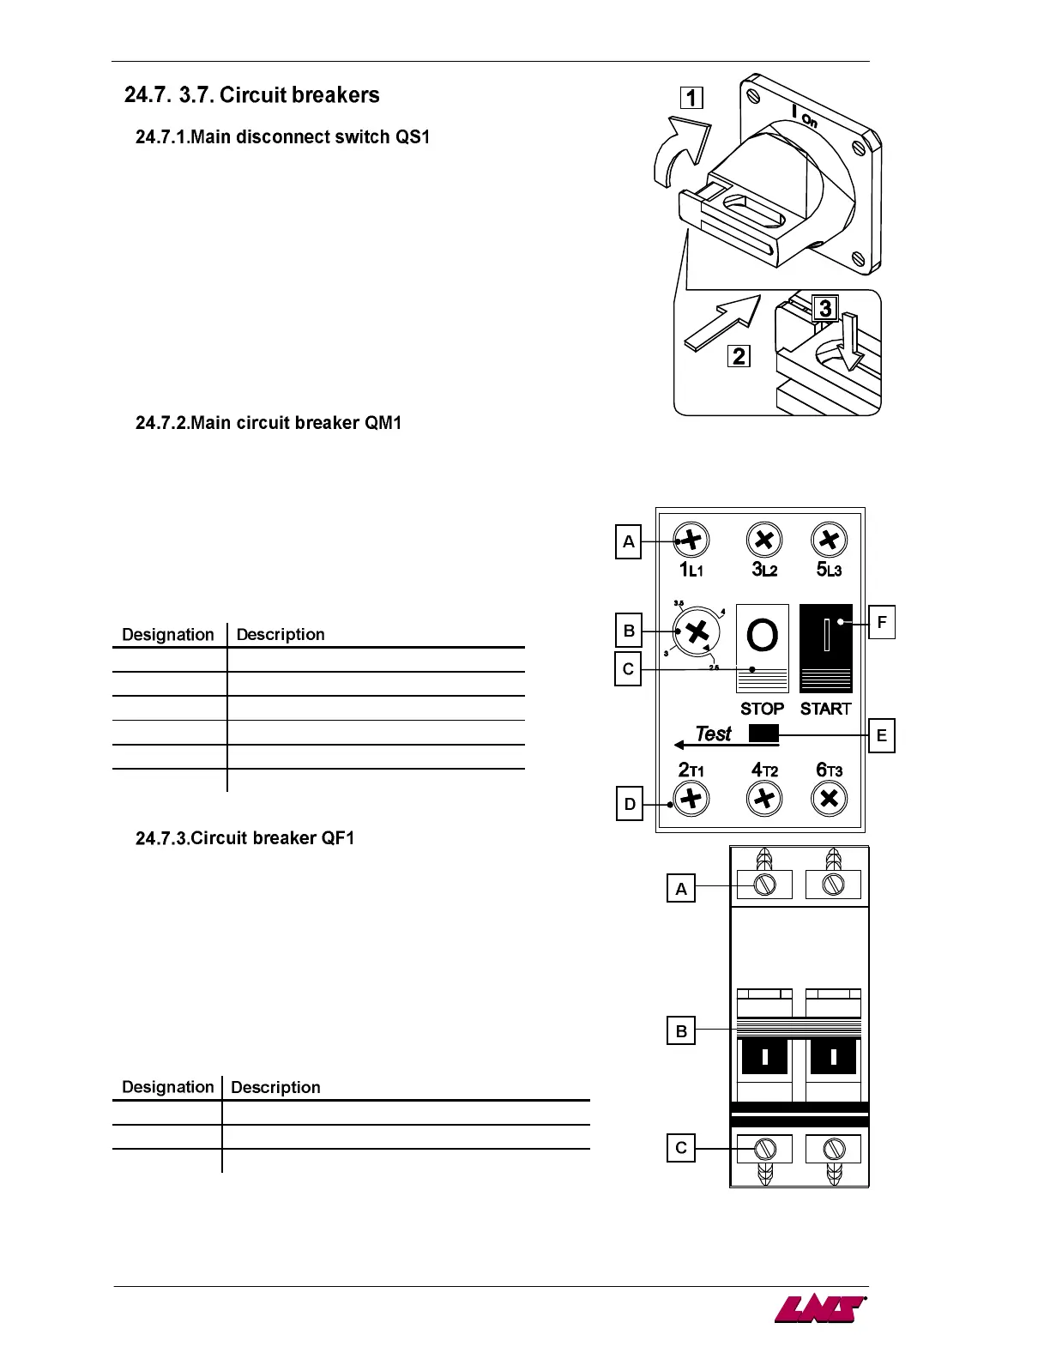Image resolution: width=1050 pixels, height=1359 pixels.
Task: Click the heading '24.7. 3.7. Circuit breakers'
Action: coord(251,95)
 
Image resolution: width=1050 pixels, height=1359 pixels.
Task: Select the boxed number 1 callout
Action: coord(691,98)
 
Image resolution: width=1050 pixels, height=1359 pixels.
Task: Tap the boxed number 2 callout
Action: coord(739,355)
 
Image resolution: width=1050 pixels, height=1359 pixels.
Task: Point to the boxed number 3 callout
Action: coord(824,308)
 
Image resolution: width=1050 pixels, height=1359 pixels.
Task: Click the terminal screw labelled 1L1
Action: coord(691,541)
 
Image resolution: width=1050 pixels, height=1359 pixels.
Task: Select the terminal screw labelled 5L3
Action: coord(829,541)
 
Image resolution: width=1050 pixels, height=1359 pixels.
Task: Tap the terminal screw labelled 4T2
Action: coord(763,800)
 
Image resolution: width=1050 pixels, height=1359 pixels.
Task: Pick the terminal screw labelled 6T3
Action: coord(829,800)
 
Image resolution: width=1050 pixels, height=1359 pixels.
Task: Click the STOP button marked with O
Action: coord(762,648)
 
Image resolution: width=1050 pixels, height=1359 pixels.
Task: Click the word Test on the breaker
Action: coord(713,734)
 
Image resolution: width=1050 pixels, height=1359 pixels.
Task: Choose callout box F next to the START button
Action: coord(882,622)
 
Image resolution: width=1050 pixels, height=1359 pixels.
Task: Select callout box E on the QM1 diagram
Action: coord(882,736)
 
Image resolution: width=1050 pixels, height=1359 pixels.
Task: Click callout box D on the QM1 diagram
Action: coord(630,805)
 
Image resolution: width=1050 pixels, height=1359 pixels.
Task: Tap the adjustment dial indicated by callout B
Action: coord(697,632)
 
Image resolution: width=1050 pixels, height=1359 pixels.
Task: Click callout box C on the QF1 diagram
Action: coord(681,1148)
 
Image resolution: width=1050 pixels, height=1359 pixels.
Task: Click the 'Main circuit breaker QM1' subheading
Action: coord(269,423)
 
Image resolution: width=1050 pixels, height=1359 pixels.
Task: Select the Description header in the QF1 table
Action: coord(275,1087)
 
